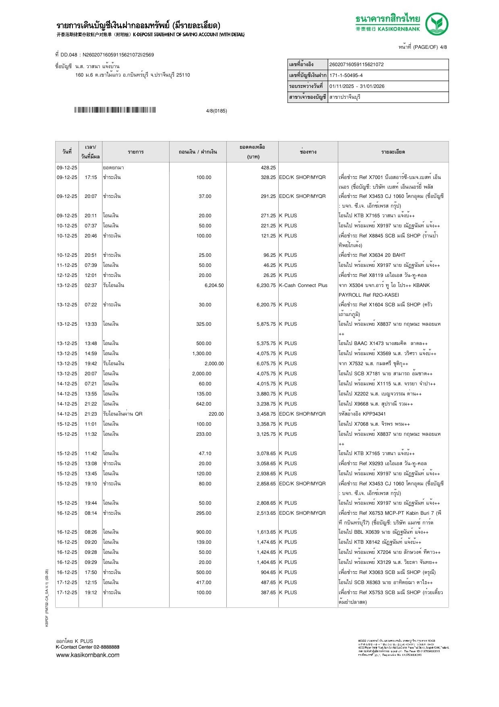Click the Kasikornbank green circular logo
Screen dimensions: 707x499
(x=437, y=24)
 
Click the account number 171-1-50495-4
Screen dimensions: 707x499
(x=346, y=75)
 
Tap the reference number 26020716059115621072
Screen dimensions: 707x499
(x=356, y=64)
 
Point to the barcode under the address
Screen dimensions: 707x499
(x=115, y=110)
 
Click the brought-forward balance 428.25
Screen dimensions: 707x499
(x=268, y=168)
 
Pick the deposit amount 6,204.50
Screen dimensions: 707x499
(x=214, y=285)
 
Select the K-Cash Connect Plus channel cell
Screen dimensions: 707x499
(x=303, y=285)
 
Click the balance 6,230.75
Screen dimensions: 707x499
(x=266, y=285)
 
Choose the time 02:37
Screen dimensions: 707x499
(x=91, y=285)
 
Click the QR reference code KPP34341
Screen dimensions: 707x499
(x=374, y=414)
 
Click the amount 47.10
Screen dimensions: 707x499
(x=205, y=453)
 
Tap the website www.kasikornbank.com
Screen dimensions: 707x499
(x=88, y=655)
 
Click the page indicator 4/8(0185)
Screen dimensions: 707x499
(x=216, y=111)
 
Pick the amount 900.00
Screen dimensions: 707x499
(x=204, y=532)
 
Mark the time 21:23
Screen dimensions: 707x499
(x=91, y=414)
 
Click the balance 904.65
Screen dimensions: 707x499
(x=268, y=572)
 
